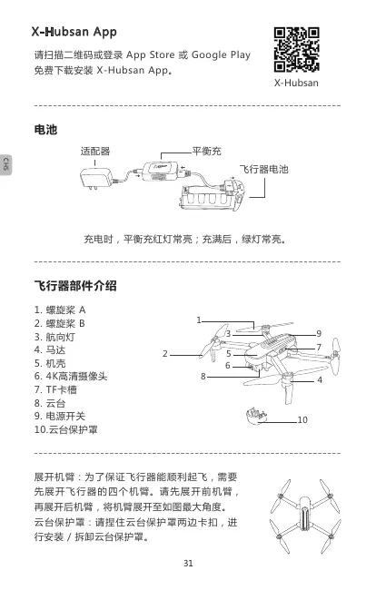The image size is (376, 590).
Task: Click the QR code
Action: point(297,49)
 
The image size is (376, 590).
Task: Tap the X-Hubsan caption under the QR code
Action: point(296,83)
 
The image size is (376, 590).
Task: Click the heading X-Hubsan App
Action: point(74,32)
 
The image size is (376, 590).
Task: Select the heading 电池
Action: point(45,130)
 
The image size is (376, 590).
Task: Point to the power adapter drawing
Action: point(97,178)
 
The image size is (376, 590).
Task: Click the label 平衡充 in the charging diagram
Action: point(207,151)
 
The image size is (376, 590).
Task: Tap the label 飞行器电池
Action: point(264,170)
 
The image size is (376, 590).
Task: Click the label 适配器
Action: point(95,152)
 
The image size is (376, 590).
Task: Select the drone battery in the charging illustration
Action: point(213,195)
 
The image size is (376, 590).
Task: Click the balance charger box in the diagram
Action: point(161,172)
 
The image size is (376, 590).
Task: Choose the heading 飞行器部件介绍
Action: point(75,286)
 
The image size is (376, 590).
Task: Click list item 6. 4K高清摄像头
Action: point(71,377)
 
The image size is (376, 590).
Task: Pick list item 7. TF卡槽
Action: point(55,389)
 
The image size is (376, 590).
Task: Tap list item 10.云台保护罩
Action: point(66,429)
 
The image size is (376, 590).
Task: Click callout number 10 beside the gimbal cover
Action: point(302,420)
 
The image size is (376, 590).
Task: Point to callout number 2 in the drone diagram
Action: point(165,354)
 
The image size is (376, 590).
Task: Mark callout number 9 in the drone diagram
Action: point(319,334)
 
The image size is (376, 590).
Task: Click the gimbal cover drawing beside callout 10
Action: point(256,415)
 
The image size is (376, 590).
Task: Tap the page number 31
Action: point(188,564)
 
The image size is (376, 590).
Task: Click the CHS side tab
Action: point(5,164)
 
